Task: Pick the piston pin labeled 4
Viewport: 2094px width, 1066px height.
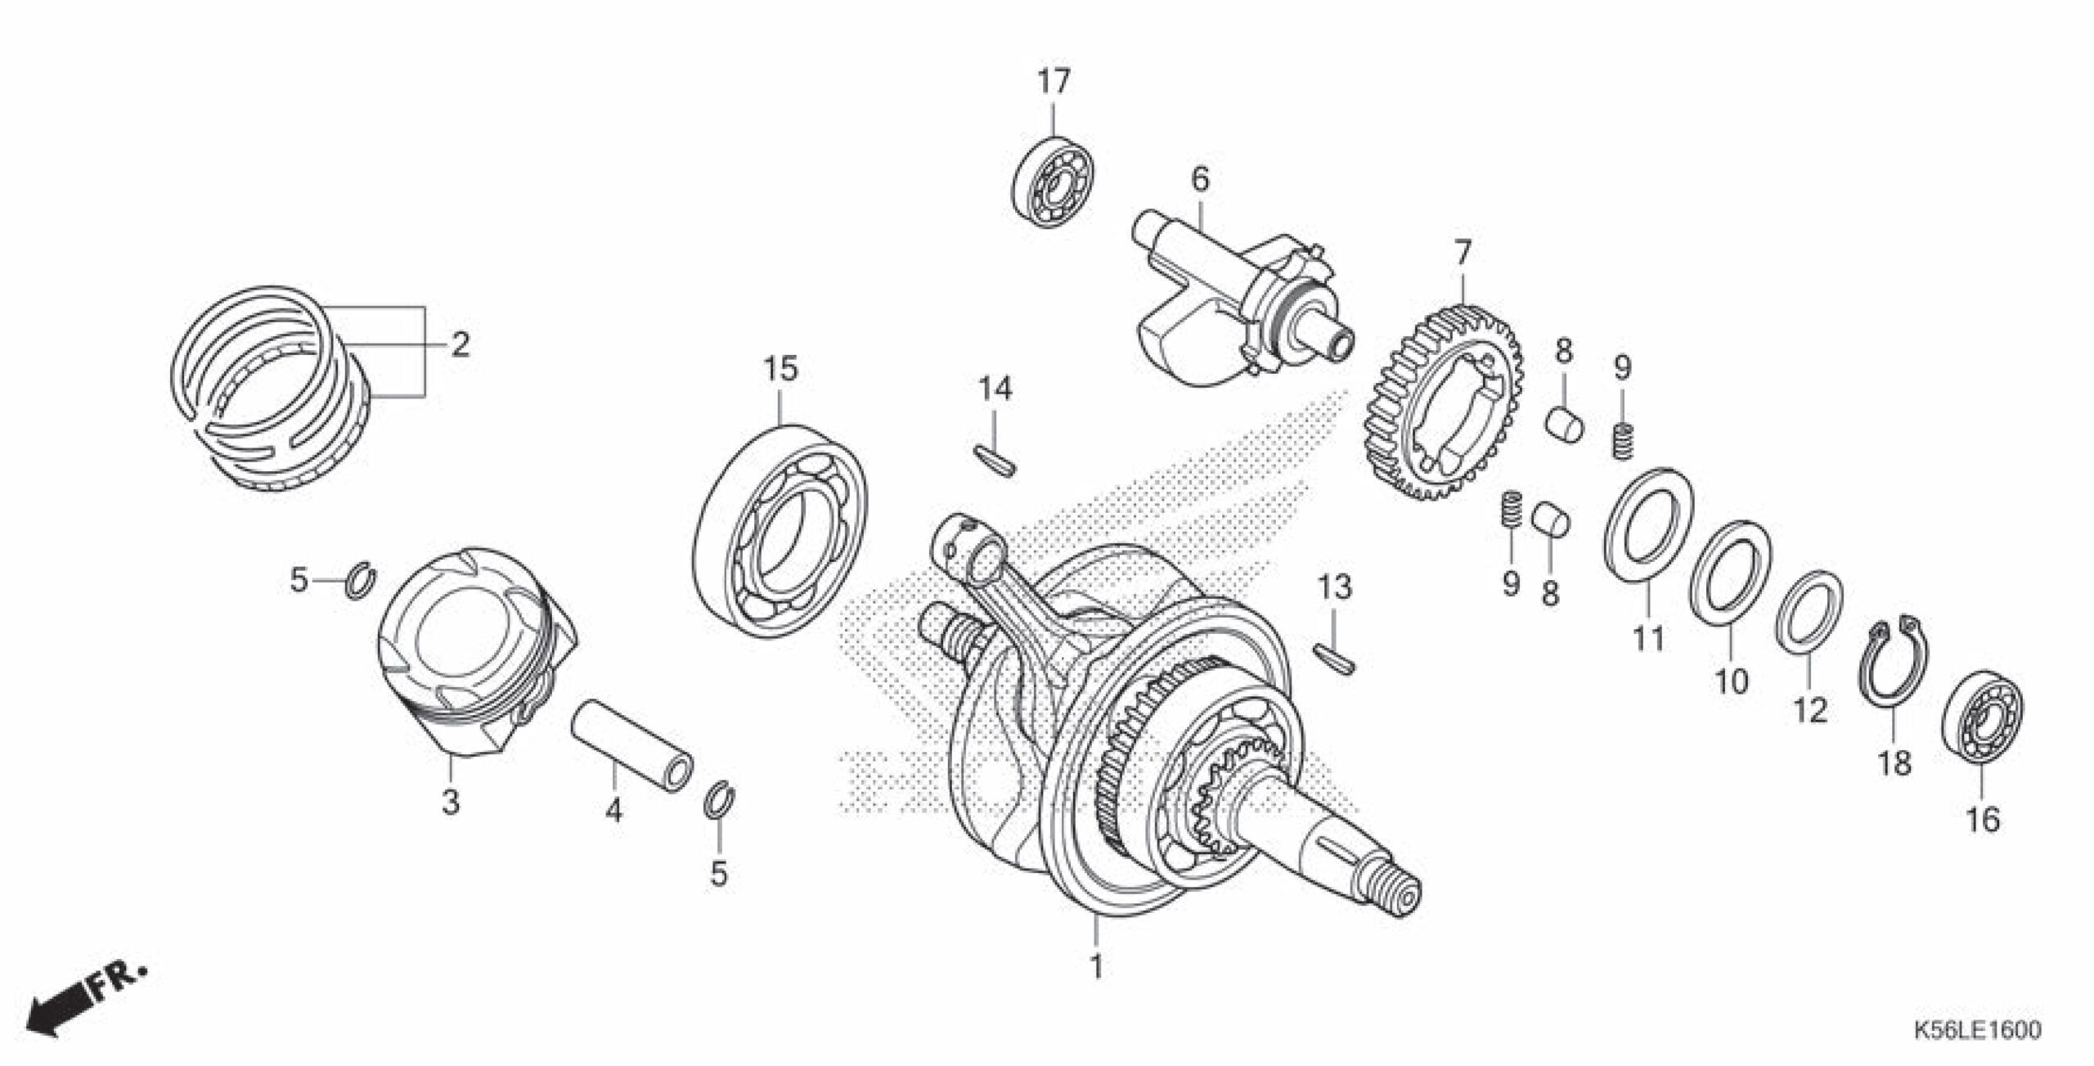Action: pos(632,749)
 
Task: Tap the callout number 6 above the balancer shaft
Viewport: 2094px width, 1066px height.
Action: pos(1199,179)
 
